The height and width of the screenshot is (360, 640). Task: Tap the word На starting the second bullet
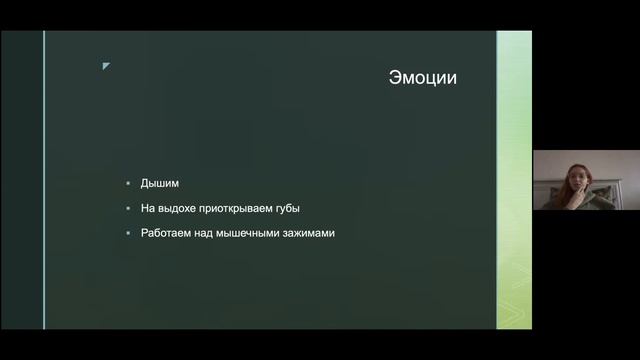click(x=148, y=208)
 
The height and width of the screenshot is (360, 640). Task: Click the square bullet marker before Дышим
click(x=128, y=184)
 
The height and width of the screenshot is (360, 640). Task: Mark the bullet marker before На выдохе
click(x=128, y=209)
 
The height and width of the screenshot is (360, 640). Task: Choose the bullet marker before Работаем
click(x=128, y=234)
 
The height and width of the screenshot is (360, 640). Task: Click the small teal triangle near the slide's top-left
click(x=106, y=66)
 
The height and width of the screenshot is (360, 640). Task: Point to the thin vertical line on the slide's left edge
click(x=44, y=180)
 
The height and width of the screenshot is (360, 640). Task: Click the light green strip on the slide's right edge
click(x=514, y=180)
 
